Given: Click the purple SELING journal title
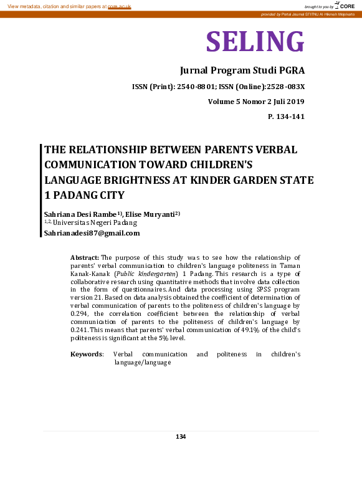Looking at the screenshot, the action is (x=255, y=41).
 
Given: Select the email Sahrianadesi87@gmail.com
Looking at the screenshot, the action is (x=92, y=233).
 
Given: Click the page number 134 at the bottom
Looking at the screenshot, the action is (x=181, y=436).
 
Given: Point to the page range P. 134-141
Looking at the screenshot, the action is (x=286, y=117).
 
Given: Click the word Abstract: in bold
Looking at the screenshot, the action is (x=85, y=257).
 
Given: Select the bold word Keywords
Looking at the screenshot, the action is (x=87, y=354).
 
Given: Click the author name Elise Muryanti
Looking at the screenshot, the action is (x=151, y=214).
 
